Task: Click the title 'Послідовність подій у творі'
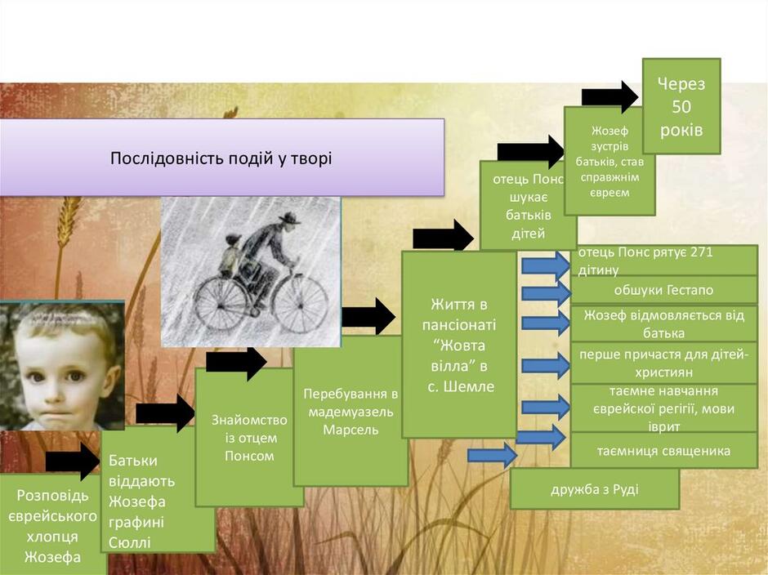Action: pyautogui.click(x=221, y=158)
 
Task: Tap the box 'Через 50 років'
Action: pyautogui.click(x=681, y=106)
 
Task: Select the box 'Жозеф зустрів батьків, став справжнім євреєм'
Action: pyautogui.click(x=609, y=161)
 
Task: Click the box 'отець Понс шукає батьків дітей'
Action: pyautogui.click(x=528, y=206)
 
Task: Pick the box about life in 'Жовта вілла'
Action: pyautogui.click(x=459, y=345)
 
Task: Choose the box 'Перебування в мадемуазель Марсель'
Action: pyautogui.click(x=351, y=411)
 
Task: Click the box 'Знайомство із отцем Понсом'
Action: pyautogui.click(x=249, y=437)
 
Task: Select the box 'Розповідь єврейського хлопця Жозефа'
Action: pyautogui.click(x=52, y=524)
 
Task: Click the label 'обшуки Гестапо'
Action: pyautogui.click(x=663, y=290)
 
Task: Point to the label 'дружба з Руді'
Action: pyautogui.click(x=595, y=489)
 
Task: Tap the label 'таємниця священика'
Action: pyautogui.click(x=663, y=450)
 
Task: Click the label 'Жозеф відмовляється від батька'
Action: pyautogui.click(x=663, y=323)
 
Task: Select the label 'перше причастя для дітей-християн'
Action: pyautogui.click(x=663, y=363)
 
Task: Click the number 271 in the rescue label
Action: pyautogui.click(x=701, y=252)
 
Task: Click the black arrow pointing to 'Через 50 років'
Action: pyautogui.click(x=609, y=97)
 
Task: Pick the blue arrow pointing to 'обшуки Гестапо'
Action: pyautogui.click(x=546, y=293)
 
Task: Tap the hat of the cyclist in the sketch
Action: pyautogui.click(x=289, y=218)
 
